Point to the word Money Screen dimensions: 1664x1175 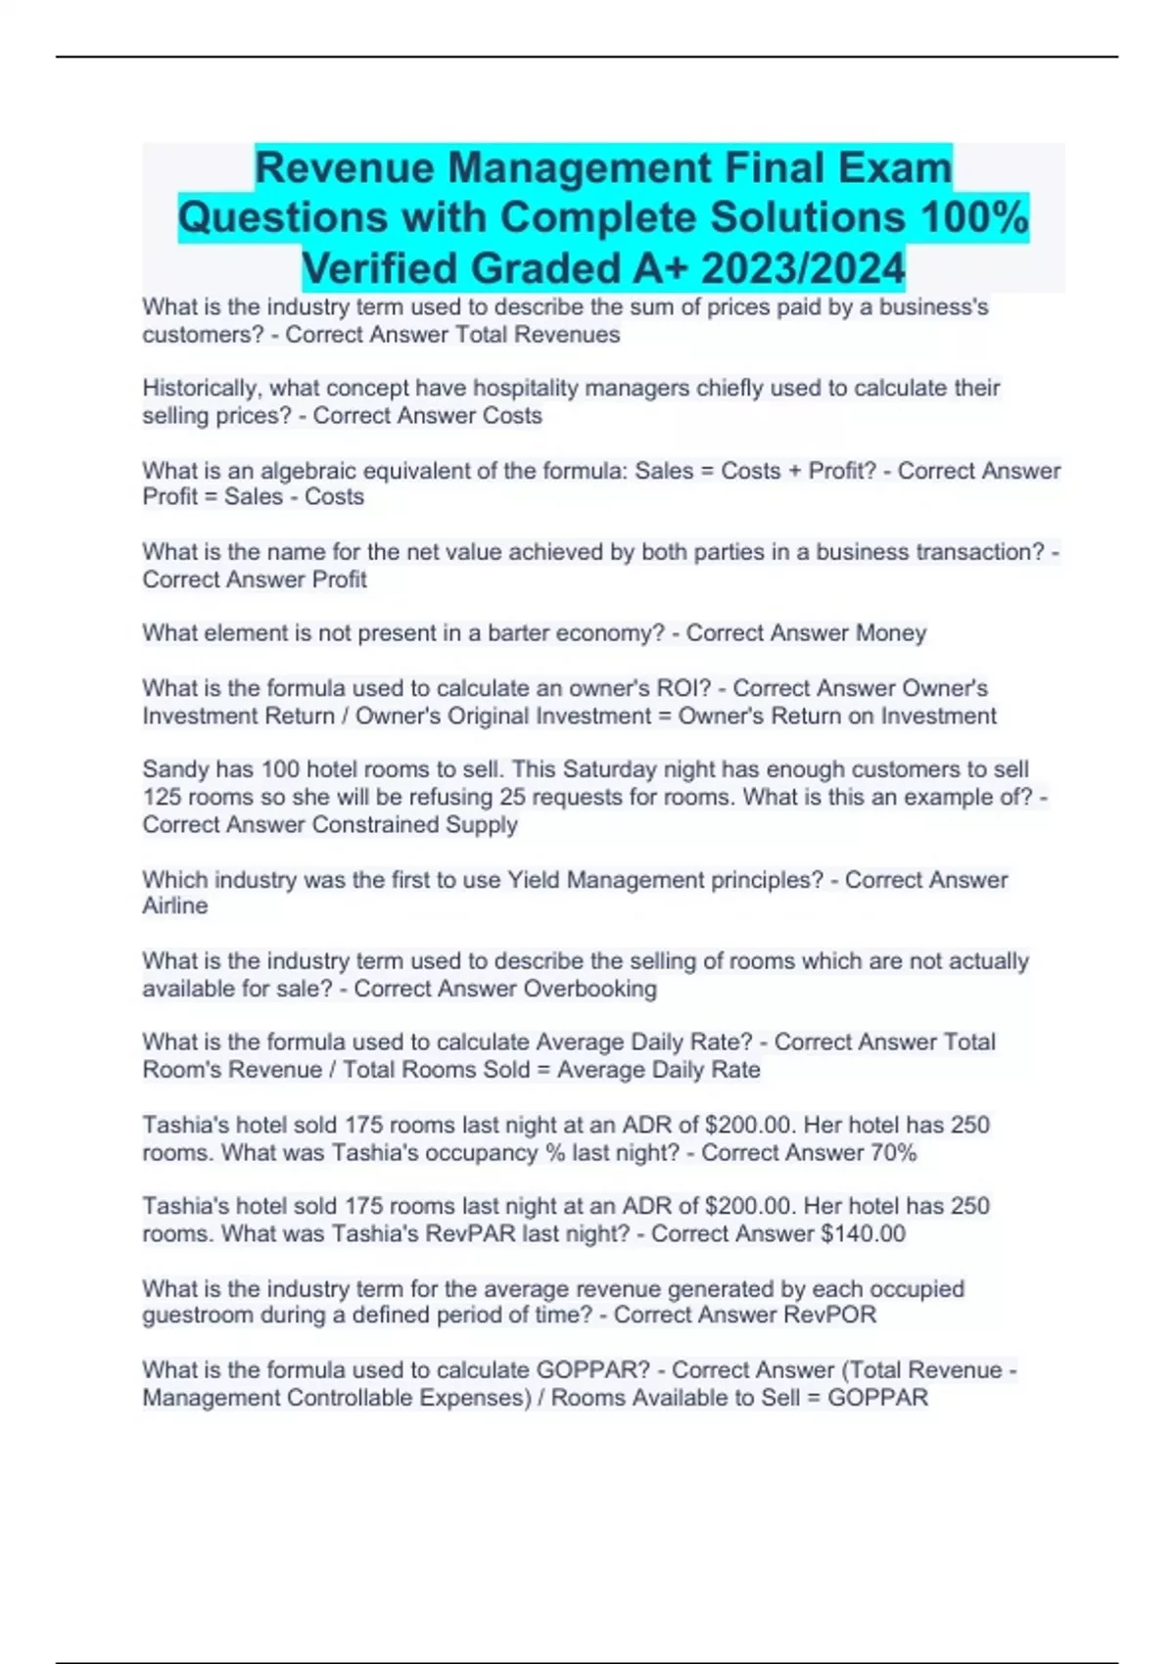[x=891, y=633]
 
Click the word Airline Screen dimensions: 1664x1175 [x=175, y=905]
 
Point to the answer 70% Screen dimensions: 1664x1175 [x=893, y=1153]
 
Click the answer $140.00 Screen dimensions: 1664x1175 [x=863, y=1233]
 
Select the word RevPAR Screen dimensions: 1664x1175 [x=470, y=1233]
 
